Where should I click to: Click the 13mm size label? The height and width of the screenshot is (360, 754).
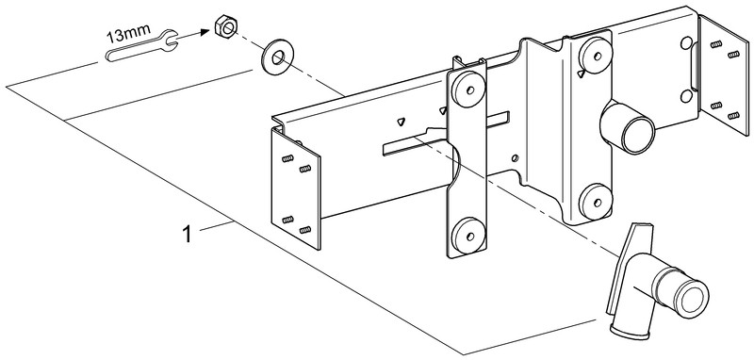point(128,35)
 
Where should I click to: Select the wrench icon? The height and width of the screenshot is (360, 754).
point(142,47)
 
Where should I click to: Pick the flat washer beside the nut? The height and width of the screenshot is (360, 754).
point(277,57)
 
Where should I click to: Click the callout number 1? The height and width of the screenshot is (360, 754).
point(187,235)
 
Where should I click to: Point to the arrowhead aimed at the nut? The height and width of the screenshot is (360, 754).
point(205,31)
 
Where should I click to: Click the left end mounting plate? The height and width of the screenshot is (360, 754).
point(296,188)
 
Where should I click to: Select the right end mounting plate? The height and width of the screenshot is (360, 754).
point(723,75)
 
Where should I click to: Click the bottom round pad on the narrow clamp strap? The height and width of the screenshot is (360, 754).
point(467,236)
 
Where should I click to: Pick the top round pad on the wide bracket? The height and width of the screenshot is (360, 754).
point(597,56)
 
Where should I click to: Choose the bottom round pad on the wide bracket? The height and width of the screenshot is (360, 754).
point(596,202)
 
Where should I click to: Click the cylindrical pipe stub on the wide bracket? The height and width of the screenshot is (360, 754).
point(627,127)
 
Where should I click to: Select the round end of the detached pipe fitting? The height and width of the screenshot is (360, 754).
point(691,295)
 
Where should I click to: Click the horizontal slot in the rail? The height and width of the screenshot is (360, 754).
point(445,134)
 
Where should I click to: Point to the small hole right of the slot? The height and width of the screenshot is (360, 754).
point(515,157)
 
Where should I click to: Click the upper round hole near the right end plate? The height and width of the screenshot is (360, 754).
point(686,43)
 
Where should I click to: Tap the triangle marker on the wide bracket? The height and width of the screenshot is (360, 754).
point(582,74)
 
